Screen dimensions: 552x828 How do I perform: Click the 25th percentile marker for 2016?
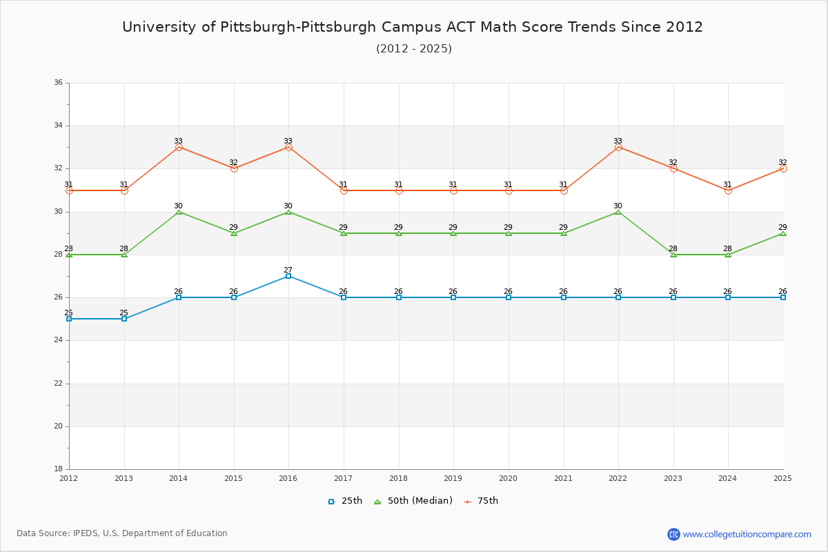click(x=288, y=276)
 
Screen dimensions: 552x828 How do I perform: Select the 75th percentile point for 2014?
click(x=179, y=147)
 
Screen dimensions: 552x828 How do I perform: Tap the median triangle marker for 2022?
click(x=618, y=212)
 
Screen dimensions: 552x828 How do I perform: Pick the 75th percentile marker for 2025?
click(x=783, y=168)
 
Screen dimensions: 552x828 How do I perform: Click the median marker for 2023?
click(x=673, y=255)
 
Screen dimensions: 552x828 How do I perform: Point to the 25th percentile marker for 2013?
click(x=124, y=319)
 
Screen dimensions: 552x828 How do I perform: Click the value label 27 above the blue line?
click(x=288, y=270)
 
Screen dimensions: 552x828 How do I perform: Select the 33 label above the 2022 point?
click(x=618, y=141)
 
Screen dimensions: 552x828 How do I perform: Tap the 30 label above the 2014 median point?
click(x=179, y=206)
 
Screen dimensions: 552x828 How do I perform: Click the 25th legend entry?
click(x=345, y=501)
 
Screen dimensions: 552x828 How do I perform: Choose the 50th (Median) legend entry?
click(x=413, y=501)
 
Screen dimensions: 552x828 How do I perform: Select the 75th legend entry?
click(x=481, y=501)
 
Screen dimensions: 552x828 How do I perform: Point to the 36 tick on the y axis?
click(x=58, y=83)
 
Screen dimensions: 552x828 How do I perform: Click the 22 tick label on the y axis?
click(x=58, y=383)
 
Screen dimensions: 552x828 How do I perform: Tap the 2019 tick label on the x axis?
click(x=453, y=477)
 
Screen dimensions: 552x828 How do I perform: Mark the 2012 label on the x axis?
click(x=69, y=477)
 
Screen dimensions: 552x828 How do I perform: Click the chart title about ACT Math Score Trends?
click(x=413, y=27)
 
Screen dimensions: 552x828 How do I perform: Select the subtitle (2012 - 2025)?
click(x=413, y=48)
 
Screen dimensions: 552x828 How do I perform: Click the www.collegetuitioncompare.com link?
click(x=747, y=534)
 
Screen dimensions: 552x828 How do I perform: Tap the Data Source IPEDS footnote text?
click(x=122, y=533)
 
